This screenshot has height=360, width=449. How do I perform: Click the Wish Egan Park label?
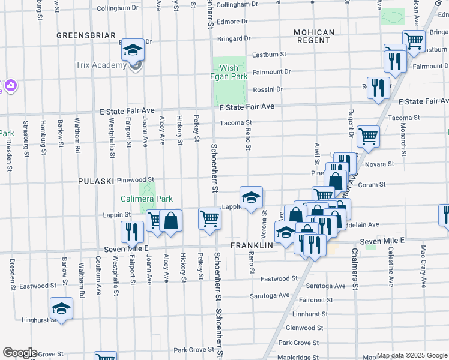[229, 72]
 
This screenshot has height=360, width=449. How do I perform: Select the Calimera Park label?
[146, 199]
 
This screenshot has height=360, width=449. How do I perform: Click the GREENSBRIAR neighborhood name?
[86, 35]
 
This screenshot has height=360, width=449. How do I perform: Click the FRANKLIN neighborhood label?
[252, 245]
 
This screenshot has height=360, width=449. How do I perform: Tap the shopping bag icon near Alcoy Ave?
[171, 220]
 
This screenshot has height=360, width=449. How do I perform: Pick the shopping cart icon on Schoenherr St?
[209, 218]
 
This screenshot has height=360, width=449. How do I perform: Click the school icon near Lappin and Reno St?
[251, 196]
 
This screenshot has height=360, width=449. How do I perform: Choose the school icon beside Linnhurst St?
[61, 308]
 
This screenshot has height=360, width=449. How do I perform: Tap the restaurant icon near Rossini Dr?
[378, 88]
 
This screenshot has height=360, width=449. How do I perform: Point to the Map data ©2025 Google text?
[411, 355]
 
